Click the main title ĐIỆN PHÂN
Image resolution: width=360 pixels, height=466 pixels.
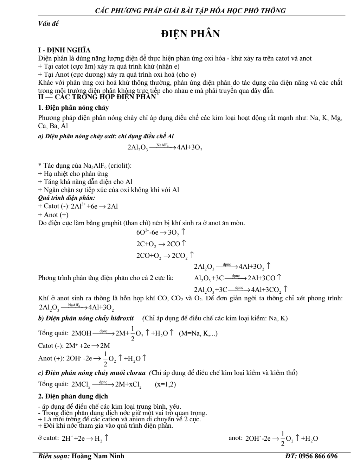click(x=190, y=34)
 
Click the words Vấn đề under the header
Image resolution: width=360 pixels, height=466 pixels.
click(x=49, y=24)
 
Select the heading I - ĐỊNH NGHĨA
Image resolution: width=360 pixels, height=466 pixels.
click(x=64, y=50)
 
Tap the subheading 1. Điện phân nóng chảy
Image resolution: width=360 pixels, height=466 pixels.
click(x=73, y=108)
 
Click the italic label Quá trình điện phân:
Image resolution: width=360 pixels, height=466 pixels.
click(x=64, y=198)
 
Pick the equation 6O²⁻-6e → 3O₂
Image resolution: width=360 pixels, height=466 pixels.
click(x=161, y=232)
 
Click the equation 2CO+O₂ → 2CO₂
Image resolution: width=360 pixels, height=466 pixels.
click(x=165, y=255)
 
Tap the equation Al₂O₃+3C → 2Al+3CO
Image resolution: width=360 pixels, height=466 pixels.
click(x=238, y=278)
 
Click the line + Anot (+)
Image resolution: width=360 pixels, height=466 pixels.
click(x=53, y=215)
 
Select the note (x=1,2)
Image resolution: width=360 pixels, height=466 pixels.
click(x=165, y=384)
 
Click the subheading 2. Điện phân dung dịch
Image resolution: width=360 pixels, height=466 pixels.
click(x=73, y=396)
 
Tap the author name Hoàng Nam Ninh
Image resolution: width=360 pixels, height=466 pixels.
click(x=98, y=457)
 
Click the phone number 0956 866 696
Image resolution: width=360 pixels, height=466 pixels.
click(x=318, y=457)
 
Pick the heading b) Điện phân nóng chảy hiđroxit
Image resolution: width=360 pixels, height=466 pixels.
click(x=86, y=318)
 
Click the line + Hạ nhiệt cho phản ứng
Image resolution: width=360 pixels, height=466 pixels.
click(x=73, y=174)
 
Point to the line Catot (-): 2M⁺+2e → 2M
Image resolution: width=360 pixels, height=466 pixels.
click(x=74, y=346)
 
